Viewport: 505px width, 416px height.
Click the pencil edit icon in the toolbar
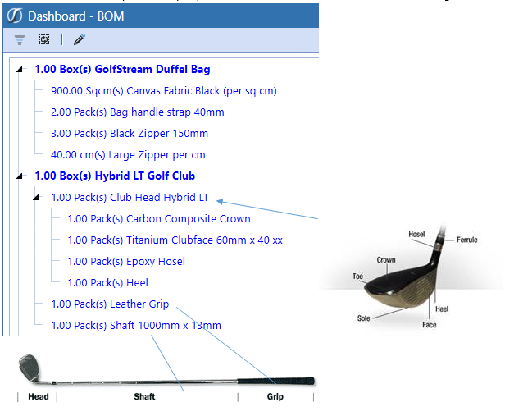(80, 39)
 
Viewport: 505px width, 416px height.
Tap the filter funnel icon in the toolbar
(20, 39)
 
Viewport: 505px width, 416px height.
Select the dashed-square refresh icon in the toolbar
(44, 39)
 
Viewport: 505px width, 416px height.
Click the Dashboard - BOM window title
(76, 16)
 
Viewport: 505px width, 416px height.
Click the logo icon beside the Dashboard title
(15, 16)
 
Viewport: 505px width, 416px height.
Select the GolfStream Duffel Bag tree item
(122, 69)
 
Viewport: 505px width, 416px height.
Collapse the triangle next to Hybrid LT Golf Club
(20, 176)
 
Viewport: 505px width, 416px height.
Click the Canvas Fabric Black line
(164, 91)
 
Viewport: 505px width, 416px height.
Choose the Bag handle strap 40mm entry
(138, 112)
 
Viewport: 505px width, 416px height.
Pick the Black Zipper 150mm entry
(130, 134)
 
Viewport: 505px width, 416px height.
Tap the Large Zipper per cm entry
(128, 155)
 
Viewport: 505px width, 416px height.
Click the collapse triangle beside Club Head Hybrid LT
(36, 197)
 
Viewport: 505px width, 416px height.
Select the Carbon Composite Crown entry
(159, 219)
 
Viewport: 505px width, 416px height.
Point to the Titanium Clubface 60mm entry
(175, 240)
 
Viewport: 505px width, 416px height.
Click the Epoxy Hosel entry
(126, 261)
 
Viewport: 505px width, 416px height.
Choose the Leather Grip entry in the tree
(110, 304)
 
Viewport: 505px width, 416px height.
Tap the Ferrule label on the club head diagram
(467, 240)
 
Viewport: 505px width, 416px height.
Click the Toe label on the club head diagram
(357, 277)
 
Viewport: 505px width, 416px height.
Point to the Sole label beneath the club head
(364, 318)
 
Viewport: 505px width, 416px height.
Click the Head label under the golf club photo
(39, 396)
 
